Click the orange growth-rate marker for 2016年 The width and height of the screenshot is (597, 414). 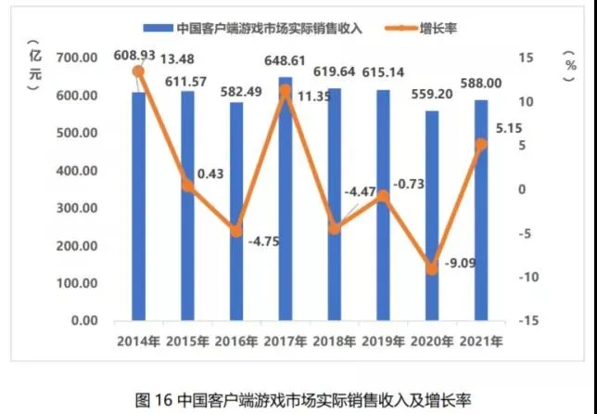[236, 230]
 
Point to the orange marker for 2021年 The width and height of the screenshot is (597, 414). [481, 144]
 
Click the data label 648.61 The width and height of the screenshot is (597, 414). [286, 59]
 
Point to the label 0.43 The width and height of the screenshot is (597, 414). [209, 174]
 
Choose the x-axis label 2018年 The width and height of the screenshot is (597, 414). [334, 341]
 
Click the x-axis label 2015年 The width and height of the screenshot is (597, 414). [188, 341]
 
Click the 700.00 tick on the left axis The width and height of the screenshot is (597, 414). [79, 58]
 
